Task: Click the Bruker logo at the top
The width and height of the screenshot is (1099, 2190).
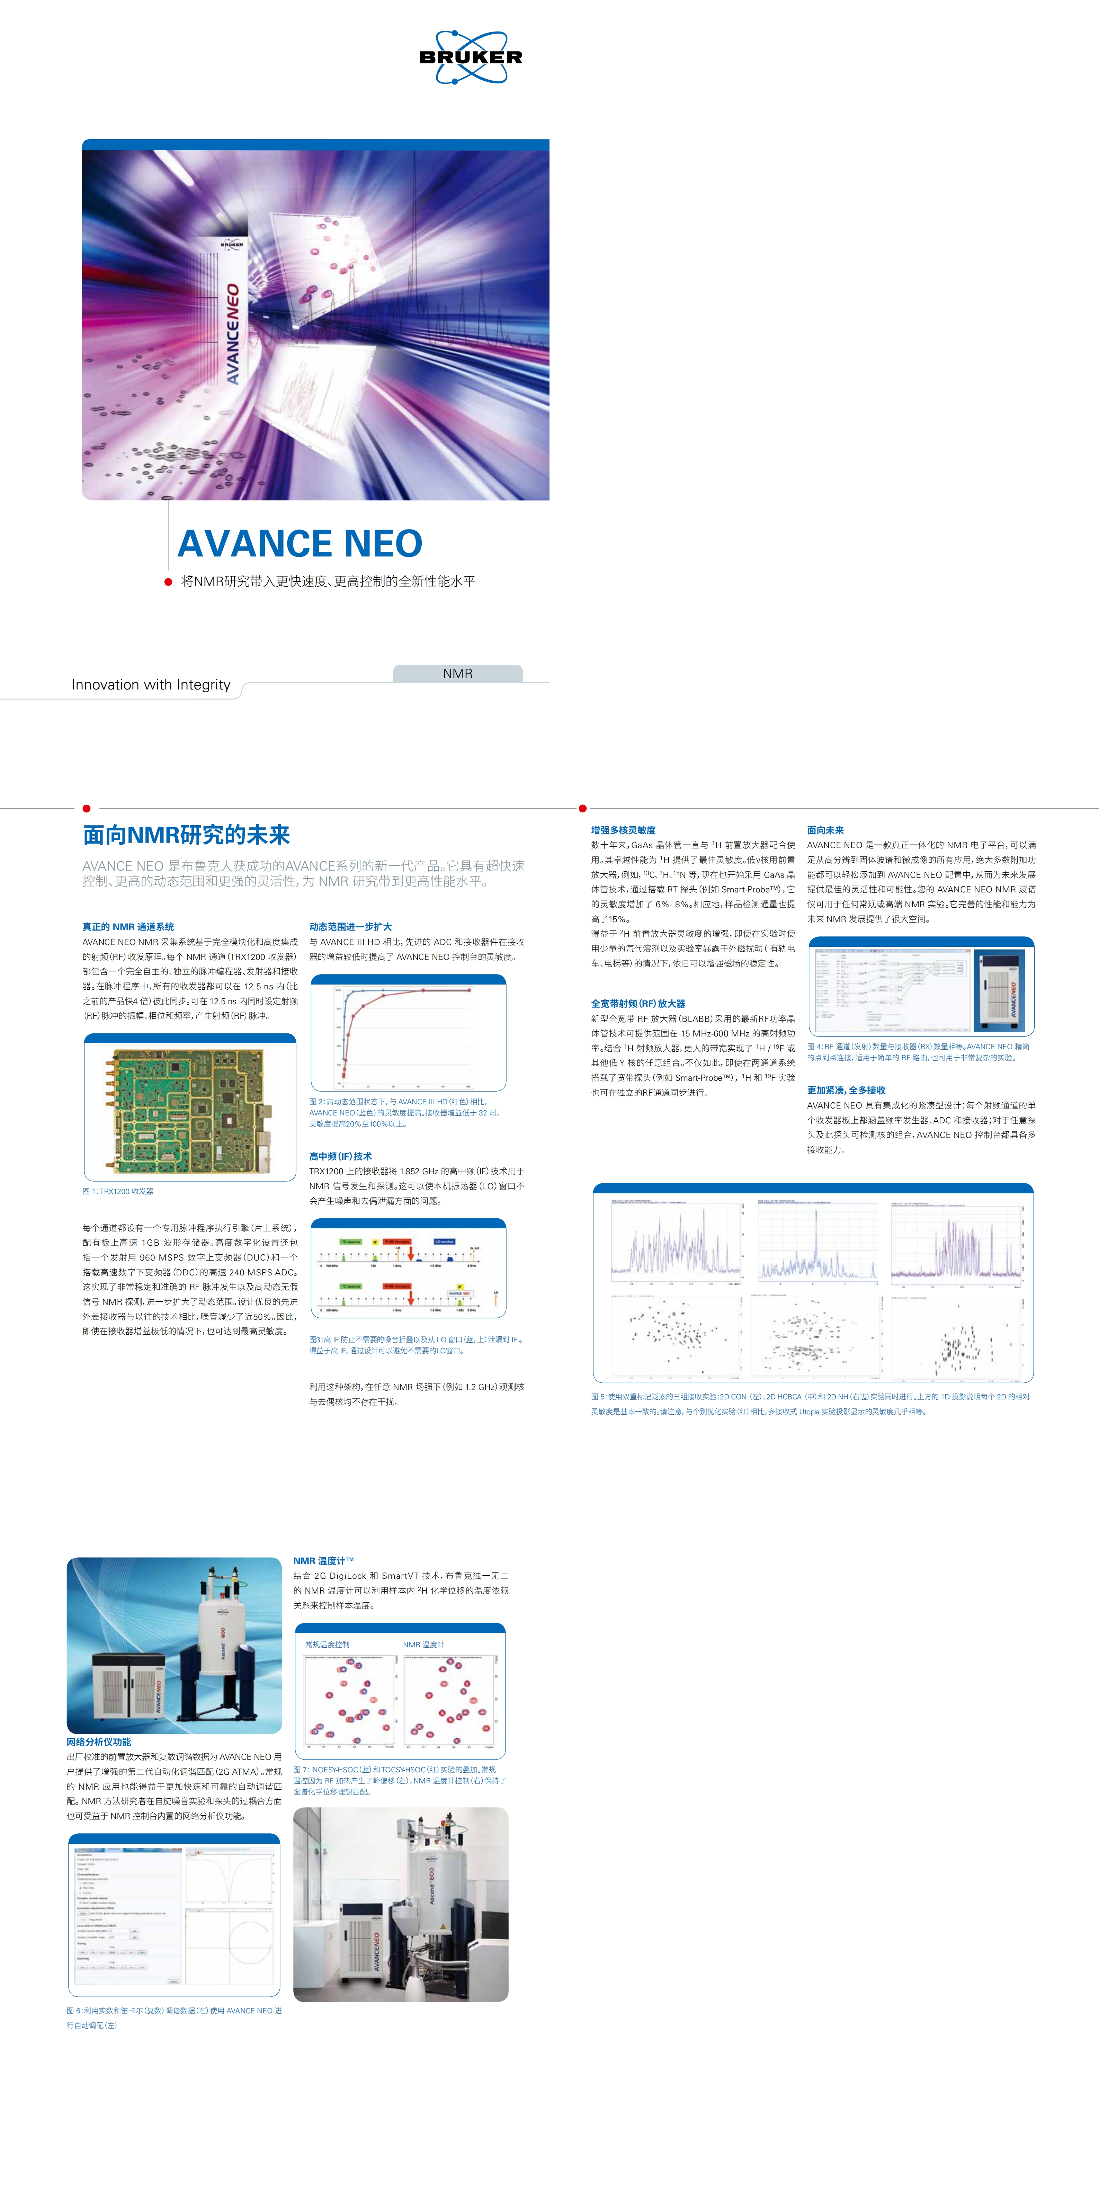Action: tap(470, 57)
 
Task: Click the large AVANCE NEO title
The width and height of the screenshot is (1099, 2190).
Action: tap(299, 543)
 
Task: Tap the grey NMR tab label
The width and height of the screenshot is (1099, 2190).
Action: tap(457, 673)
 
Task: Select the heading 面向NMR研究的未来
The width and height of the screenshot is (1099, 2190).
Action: tap(186, 835)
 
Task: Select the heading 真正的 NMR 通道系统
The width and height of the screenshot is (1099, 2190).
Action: tap(128, 927)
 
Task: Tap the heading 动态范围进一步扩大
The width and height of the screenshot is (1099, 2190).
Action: tap(350, 927)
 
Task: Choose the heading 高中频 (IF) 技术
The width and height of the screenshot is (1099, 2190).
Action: tap(340, 1156)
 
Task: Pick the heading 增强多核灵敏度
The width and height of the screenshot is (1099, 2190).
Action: tap(623, 830)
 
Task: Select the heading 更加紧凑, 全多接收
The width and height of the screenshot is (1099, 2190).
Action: tap(846, 1090)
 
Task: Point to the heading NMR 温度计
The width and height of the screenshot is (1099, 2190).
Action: tap(323, 1561)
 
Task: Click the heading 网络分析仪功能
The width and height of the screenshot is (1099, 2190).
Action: tap(99, 1742)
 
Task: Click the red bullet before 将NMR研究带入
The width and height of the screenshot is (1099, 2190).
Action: tap(168, 581)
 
